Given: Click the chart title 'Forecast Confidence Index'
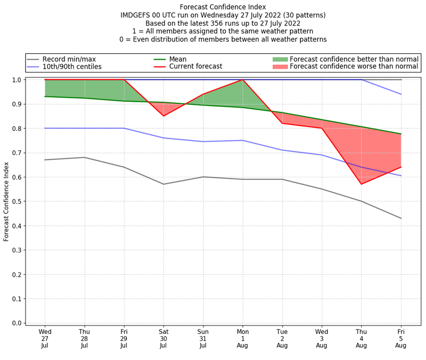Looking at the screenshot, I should (x=223, y=7).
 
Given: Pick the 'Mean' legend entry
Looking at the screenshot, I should (x=178, y=59).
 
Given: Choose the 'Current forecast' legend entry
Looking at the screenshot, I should (x=195, y=67).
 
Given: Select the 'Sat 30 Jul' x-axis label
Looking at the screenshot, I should (x=163, y=338).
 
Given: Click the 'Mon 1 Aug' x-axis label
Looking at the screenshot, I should (x=243, y=338).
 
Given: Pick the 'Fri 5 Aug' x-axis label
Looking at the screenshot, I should (x=401, y=338).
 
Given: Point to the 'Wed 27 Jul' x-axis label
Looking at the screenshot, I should (x=45, y=338).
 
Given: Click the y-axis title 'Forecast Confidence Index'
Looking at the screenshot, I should (x=6, y=201).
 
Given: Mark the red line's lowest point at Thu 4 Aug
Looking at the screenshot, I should (x=362, y=184).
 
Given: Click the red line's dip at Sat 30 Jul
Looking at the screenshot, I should (x=163, y=116).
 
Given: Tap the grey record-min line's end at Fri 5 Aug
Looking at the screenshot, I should (x=401, y=218).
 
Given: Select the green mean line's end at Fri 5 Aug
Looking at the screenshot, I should (x=401, y=134).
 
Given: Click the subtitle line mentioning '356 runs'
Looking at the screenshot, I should (x=223, y=23).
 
